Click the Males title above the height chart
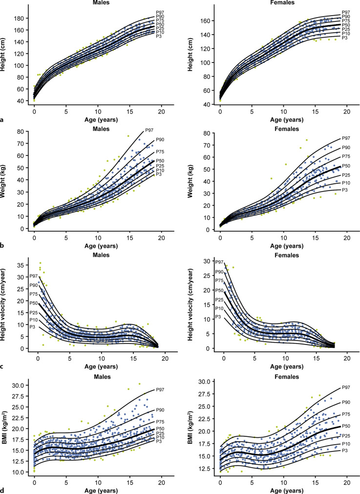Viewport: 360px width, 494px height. click(x=101, y=2)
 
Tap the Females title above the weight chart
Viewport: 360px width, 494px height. click(x=286, y=129)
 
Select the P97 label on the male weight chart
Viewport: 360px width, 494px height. click(x=149, y=130)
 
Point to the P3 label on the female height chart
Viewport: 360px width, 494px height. click(x=344, y=38)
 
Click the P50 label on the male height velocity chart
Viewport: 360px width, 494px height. click(x=34, y=303)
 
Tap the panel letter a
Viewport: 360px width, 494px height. click(x=2, y=120)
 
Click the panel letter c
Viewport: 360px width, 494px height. click(x=2, y=366)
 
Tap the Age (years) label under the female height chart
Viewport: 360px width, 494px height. click(x=287, y=120)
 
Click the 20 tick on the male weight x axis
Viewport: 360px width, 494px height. click(x=161, y=238)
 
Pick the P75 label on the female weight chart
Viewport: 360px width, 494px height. click(x=346, y=156)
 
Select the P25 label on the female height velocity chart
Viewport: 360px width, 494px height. click(x=219, y=300)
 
